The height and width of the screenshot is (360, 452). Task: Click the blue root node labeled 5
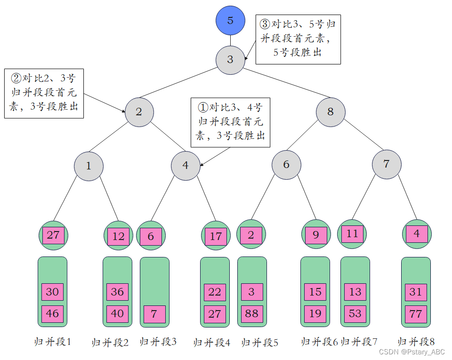coord(230,20)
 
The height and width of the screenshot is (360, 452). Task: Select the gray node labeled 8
coord(330,112)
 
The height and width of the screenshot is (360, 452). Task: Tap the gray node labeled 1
coord(89,166)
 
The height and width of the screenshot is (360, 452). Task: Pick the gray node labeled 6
coord(286,165)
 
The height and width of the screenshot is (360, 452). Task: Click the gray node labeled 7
coord(387,164)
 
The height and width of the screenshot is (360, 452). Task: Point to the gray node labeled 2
coord(139,112)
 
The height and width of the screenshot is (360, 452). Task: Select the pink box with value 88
coord(251,313)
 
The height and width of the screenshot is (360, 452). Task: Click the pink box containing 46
coord(52,314)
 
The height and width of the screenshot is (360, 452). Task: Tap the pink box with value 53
coord(355,313)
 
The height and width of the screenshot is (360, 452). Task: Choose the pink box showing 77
coord(415,314)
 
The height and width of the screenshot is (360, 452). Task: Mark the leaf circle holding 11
coord(352,234)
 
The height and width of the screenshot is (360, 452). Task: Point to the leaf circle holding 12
coord(118,236)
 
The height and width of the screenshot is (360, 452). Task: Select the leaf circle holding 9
coord(316,235)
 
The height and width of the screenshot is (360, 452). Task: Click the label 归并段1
coord(53,342)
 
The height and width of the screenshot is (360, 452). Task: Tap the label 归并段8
coord(416,342)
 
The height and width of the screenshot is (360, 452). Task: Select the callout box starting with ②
coord(44,93)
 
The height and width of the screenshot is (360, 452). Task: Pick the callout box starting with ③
coord(298,39)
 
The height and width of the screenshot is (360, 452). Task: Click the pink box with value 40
coord(117,314)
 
